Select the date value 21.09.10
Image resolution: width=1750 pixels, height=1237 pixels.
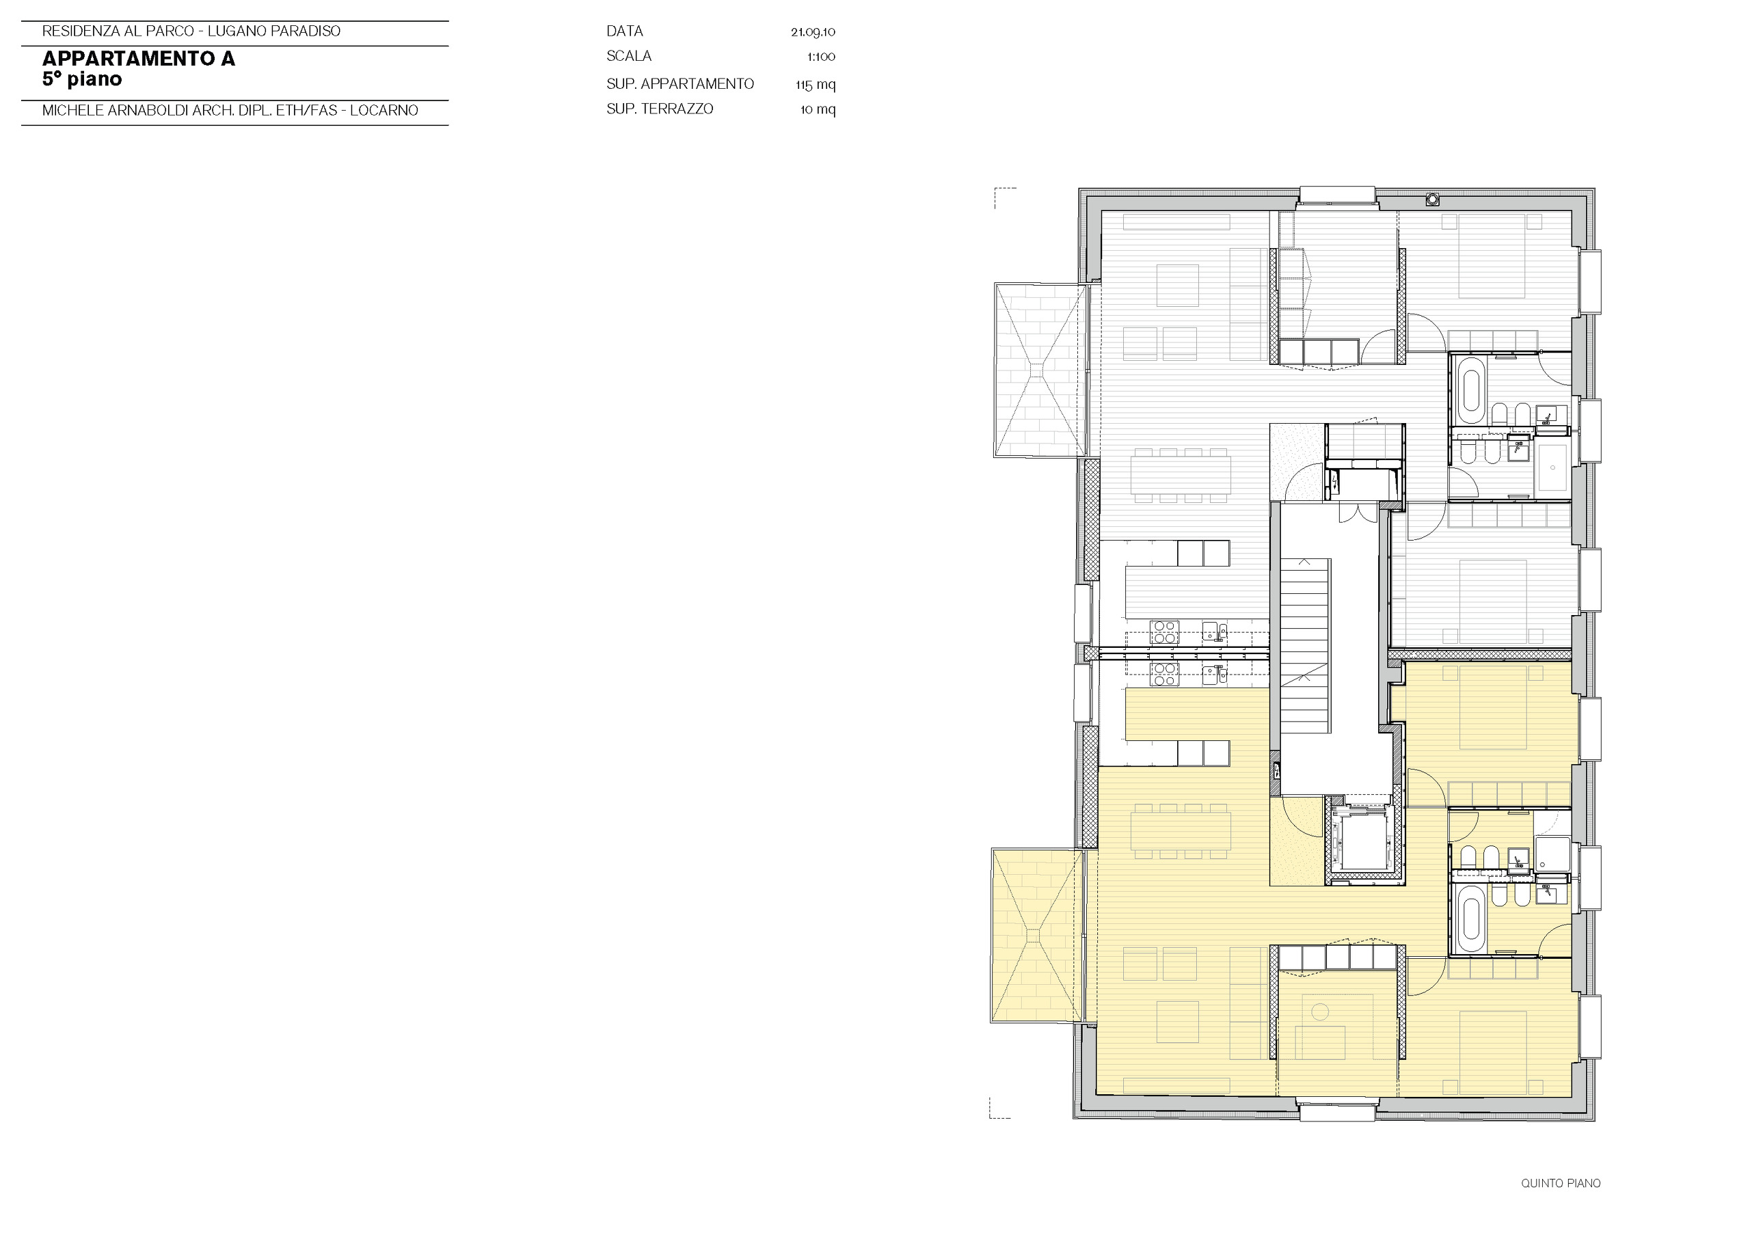[813, 32]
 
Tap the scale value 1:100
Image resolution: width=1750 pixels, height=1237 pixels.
[821, 57]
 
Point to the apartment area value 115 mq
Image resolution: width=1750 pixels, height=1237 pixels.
[815, 85]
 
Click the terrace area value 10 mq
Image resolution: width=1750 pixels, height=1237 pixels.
[817, 110]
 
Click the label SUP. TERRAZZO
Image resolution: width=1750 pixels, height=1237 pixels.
[659, 109]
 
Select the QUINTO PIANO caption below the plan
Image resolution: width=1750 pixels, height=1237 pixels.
[1560, 1183]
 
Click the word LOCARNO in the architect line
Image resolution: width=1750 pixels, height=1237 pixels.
[384, 111]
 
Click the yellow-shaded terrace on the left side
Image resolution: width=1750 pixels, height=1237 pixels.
[1036, 936]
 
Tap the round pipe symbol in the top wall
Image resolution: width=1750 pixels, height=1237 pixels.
[1433, 200]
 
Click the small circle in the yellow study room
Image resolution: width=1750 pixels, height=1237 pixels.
[1320, 1012]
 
